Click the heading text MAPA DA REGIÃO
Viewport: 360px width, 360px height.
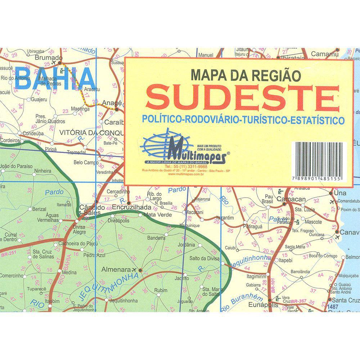tap(240, 75)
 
